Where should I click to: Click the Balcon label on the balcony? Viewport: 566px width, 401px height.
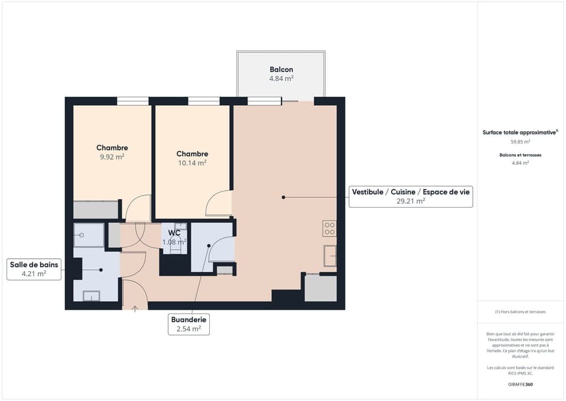[281, 70]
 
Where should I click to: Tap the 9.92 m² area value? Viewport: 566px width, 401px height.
[112, 157]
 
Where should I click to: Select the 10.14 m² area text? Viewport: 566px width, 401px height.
[193, 163]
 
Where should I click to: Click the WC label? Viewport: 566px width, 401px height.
[174, 233]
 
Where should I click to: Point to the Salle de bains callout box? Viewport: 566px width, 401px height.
[34, 269]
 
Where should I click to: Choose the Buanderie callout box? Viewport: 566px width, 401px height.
[189, 324]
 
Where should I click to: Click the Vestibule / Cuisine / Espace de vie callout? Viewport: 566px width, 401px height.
[411, 196]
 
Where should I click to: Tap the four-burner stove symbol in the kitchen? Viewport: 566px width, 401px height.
[330, 229]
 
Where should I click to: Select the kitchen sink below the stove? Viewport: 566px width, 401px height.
[330, 256]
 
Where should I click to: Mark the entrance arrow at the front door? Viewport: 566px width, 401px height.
[136, 308]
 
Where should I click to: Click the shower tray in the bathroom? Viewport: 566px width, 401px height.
[88, 235]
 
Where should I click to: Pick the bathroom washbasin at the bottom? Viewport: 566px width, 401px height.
[91, 295]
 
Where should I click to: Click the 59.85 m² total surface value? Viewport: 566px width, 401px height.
[520, 142]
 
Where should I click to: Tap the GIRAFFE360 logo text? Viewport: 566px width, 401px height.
[520, 384]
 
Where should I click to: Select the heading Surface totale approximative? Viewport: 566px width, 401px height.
[519, 133]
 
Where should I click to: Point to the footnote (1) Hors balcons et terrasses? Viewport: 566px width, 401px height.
[520, 312]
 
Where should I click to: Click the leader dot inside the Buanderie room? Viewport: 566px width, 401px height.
[209, 245]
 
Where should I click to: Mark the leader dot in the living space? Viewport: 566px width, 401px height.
[283, 197]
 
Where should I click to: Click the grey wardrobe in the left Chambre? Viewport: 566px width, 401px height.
[96, 210]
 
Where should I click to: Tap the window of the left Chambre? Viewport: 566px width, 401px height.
[133, 101]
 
